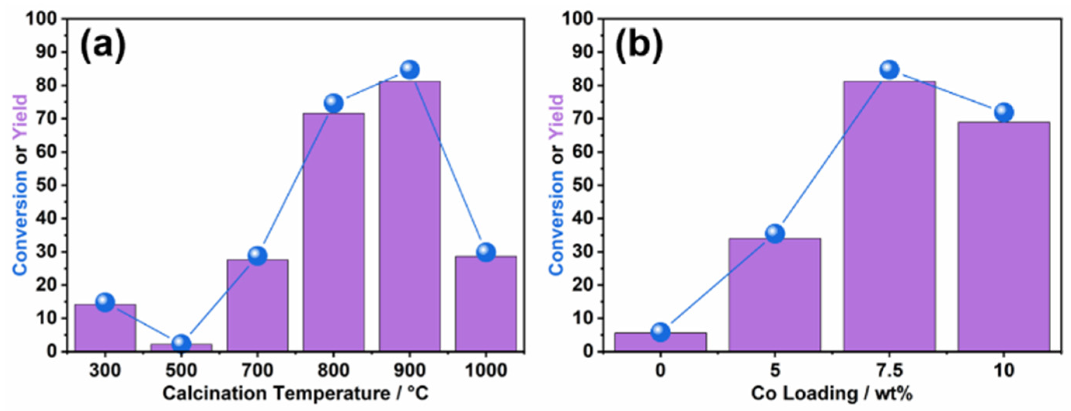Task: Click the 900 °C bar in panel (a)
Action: pos(409,216)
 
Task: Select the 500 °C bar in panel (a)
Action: pos(181,347)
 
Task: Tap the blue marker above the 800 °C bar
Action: pos(333,103)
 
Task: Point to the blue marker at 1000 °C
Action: pos(486,252)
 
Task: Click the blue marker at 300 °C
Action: pos(105,302)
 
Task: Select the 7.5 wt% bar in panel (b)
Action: pos(889,216)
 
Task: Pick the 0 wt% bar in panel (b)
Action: pos(660,342)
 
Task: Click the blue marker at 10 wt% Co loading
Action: pos(1004,112)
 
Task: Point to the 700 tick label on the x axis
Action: pos(257,369)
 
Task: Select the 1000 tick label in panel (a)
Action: pos(486,369)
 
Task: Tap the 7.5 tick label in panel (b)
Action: pos(889,369)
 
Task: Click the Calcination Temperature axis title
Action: pos(295,393)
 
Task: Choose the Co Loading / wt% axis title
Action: pos(832,393)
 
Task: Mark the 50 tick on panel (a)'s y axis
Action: pos(46,186)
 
